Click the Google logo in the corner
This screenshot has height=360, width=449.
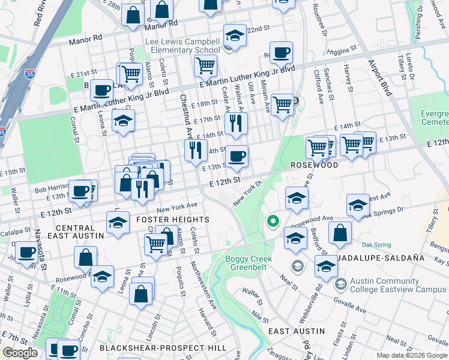(x=20, y=353)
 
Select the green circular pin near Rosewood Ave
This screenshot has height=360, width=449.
(x=273, y=222)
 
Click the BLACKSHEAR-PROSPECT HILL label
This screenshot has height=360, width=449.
(x=163, y=348)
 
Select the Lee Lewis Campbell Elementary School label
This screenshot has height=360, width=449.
(x=186, y=46)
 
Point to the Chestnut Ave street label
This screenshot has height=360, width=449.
(x=185, y=117)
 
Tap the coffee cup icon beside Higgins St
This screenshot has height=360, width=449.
(x=281, y=52)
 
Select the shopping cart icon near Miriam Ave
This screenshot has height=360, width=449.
(x=282, y=104)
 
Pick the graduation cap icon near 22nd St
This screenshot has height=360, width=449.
(x=235, y=35)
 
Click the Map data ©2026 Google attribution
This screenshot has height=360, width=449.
(x=412, y=355)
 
